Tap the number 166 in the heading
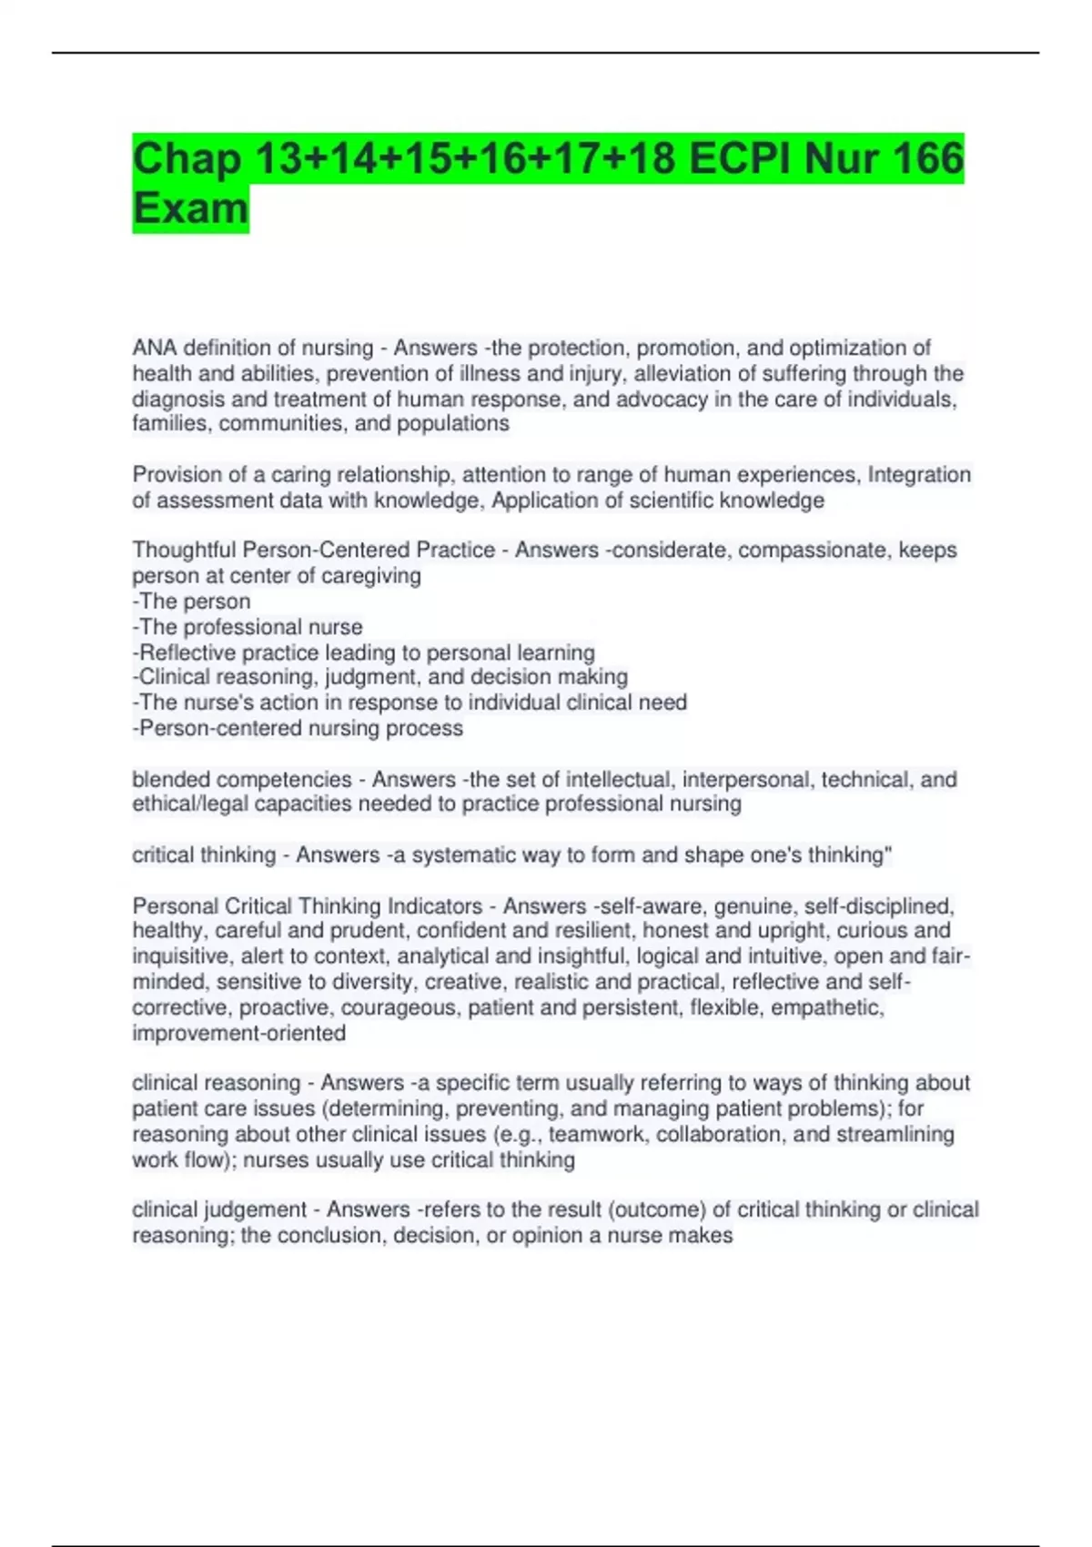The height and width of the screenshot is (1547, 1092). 926,158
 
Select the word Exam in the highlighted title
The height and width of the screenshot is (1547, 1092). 190,208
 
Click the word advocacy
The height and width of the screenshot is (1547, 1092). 662,399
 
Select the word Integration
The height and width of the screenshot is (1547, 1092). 919,474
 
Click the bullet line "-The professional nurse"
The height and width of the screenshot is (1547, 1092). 248,626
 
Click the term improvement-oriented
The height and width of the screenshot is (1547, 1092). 238,1033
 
